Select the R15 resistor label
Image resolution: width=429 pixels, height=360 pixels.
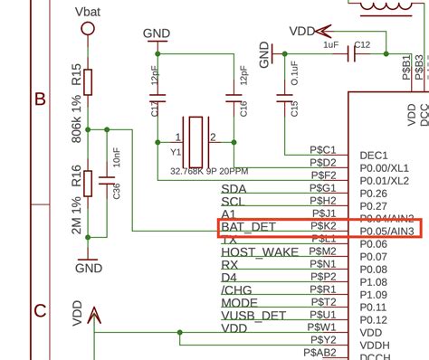click(77, 81)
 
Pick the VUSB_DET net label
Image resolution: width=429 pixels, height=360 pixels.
click(255, 317)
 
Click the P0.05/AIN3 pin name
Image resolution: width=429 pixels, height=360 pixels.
click(387, 231)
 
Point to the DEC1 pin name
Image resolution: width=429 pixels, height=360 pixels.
click(373, 156)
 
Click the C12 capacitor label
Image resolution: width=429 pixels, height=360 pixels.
click(362, 44)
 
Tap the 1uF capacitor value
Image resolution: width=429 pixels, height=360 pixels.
click(331, 44)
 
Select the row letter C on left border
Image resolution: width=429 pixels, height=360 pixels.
click(39, 310)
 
